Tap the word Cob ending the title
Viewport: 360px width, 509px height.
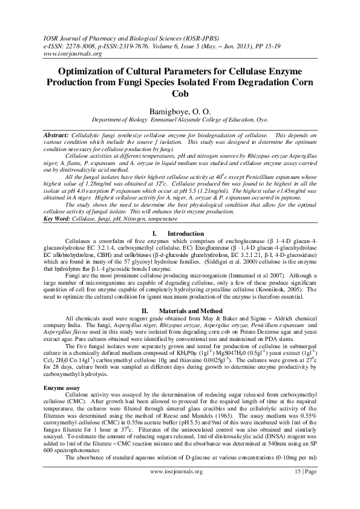tap(180, 94)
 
